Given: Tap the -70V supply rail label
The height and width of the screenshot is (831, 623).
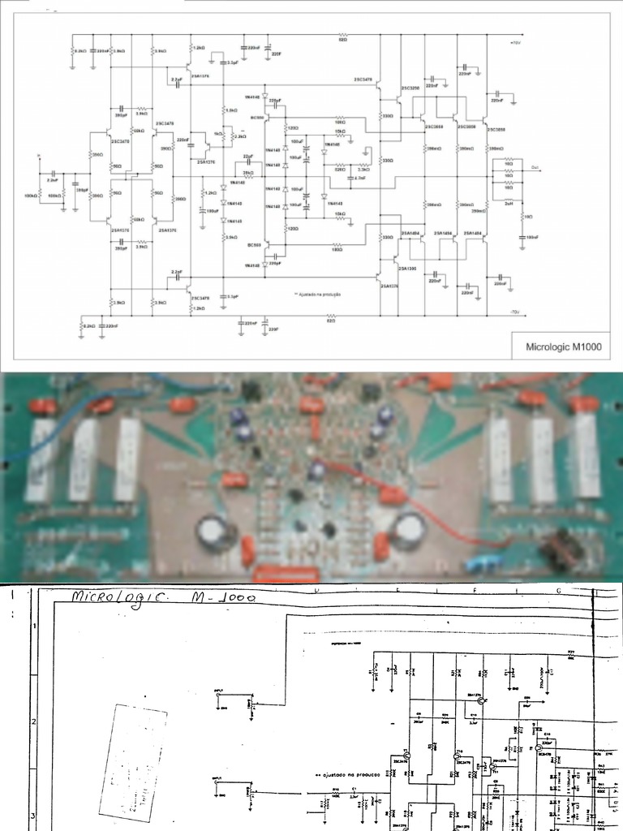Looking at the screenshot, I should tap(514, 311).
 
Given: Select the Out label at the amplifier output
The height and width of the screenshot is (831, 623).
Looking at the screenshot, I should tap(535, 167).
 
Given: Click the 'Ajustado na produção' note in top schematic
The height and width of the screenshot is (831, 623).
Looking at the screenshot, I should tap(317, 294).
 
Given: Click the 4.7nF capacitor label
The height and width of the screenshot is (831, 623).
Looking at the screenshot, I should tap(357, 177).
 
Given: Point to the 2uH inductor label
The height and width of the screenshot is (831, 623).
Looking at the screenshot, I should tap(509, 204).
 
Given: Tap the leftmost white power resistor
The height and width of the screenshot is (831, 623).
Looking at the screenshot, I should tap(42, 459).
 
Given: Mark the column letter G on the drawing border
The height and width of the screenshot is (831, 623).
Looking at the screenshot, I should tap(558, 592).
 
